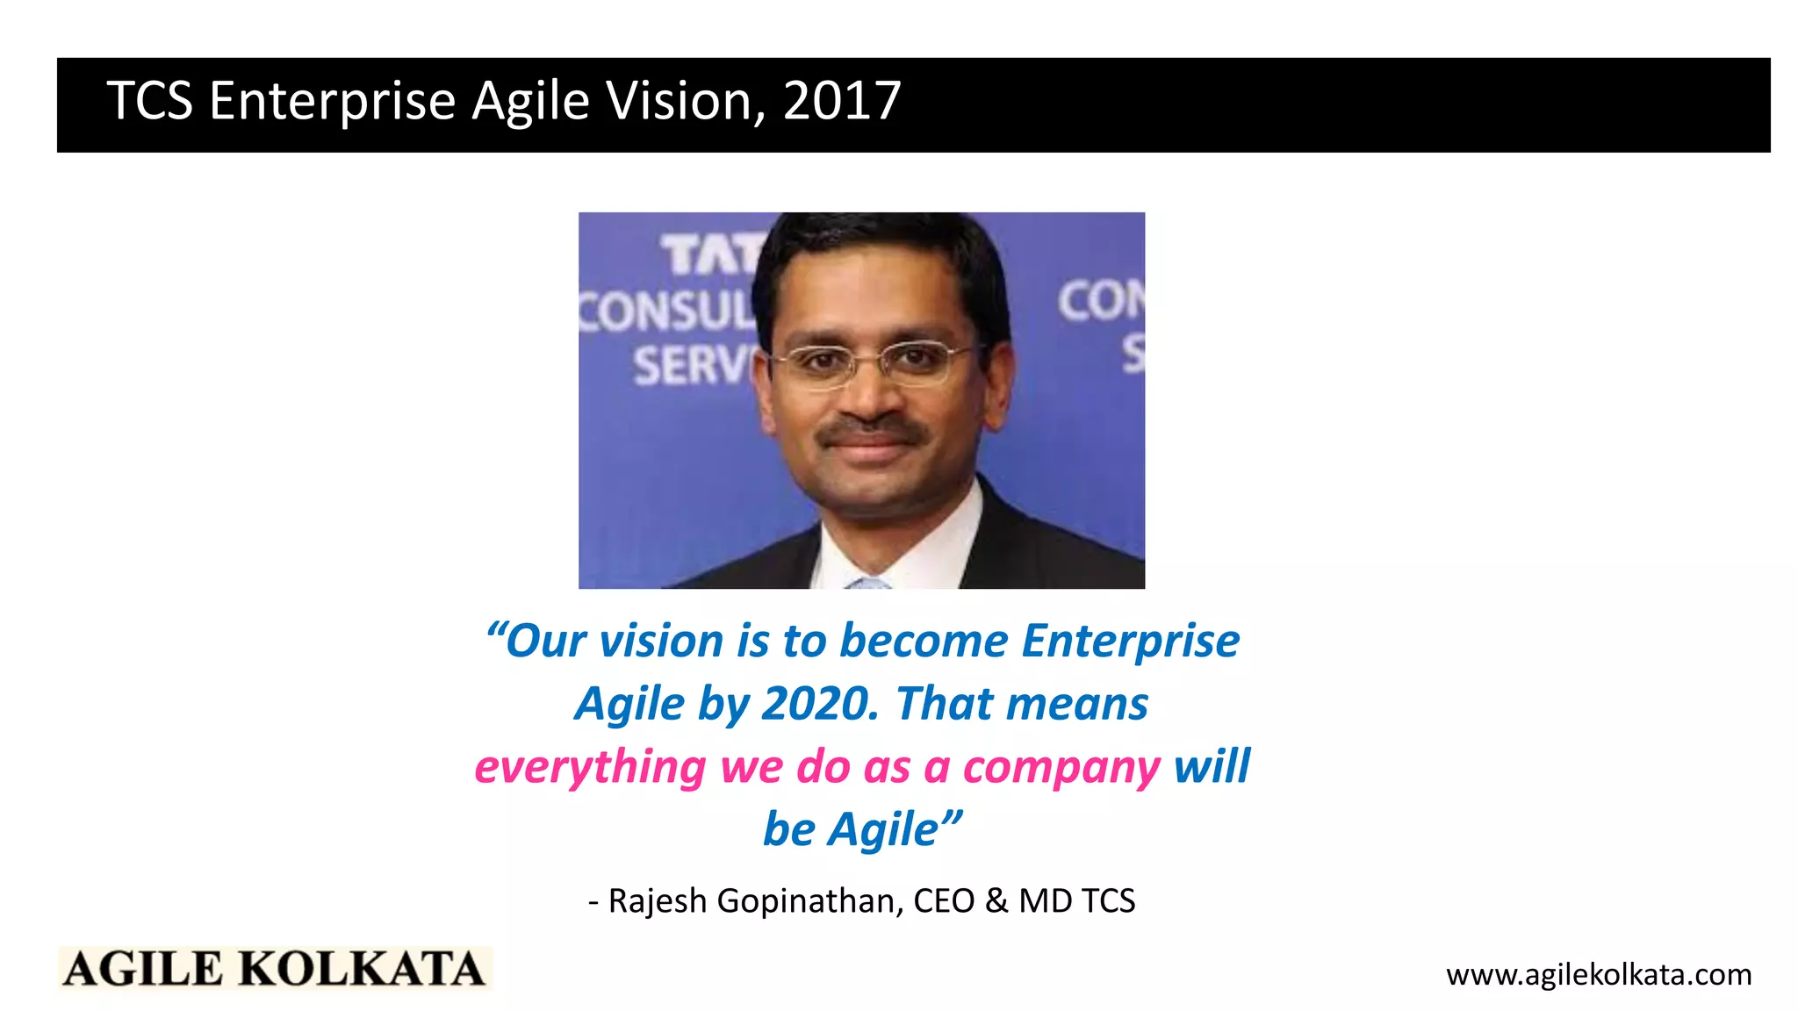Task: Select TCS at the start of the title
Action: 149,101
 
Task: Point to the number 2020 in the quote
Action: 819,704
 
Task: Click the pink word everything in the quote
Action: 590,768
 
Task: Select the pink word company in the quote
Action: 1061,768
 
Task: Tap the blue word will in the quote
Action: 1212,766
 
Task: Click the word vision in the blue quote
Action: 661,641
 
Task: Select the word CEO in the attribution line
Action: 944,901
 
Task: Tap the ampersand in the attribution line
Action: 996,901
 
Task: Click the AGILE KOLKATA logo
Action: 275,969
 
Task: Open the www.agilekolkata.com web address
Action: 1598,975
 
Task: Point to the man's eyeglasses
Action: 869,362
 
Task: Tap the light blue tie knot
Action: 869,583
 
